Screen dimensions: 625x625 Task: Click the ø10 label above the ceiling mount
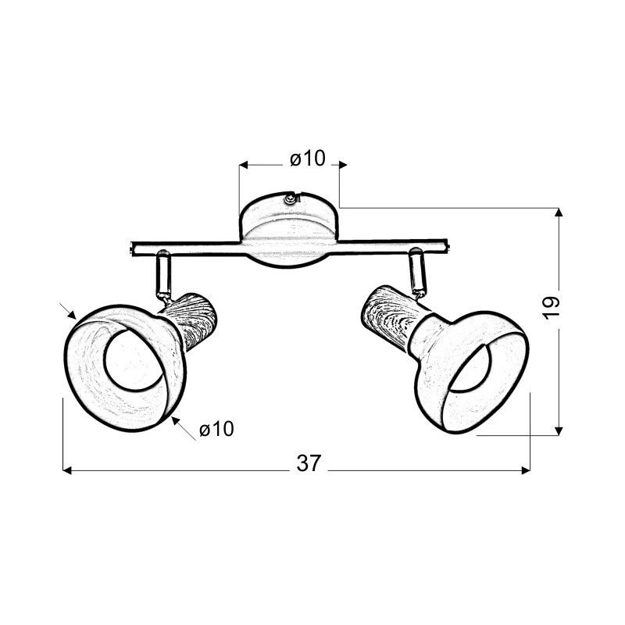pos(308,159)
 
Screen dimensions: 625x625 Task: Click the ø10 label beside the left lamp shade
pos(217,429)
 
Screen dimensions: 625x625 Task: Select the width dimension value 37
pos(309,463)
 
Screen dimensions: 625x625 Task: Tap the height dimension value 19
pos(552,307)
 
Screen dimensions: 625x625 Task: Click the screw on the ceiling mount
pos(291,198)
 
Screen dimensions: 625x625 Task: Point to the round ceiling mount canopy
pos(289,230)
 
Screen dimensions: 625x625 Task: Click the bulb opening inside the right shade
pos(472,365)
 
